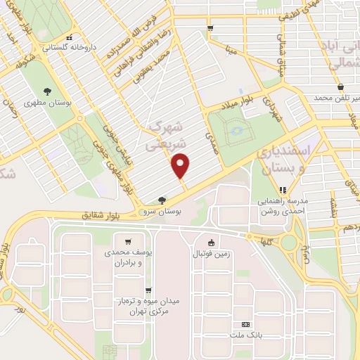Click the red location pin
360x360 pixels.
[x=181, y=166]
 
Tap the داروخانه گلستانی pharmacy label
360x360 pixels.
[x=66, y=49]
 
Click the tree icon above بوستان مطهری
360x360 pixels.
[x=48, y=91]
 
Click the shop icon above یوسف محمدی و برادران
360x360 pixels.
[x=127, y=240]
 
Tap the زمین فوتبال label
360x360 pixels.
[x=212, y=253]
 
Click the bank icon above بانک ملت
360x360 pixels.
[x=245, y=324]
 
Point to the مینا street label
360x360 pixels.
[x=232, y=49]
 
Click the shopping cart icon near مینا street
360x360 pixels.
[x=210, y=28]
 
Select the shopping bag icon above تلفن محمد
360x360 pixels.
[x=340, y=86]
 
